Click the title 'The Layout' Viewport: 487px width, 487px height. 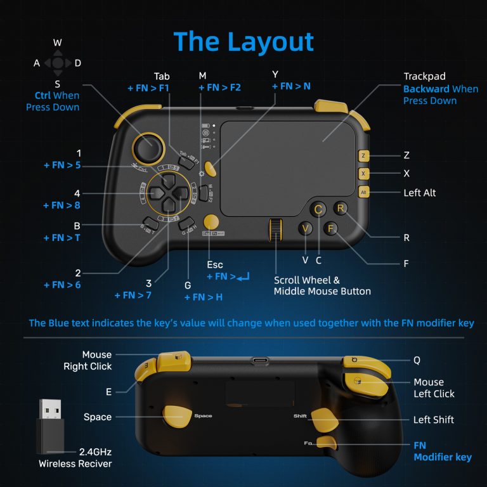pos(243,42)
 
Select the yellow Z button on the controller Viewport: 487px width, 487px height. pos(363,155)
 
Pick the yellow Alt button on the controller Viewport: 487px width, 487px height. pos(363,192)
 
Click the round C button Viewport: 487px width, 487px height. pos(318,209)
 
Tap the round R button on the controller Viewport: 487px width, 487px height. pos(341,208)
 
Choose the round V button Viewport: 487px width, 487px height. pos(306,229)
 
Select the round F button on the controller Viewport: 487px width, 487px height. pos(330,228)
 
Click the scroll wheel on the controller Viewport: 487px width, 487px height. pos(275,231)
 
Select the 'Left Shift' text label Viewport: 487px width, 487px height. pos(434,420)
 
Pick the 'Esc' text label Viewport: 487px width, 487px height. pos(216,264)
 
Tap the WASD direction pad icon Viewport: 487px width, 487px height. pos(58,63)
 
